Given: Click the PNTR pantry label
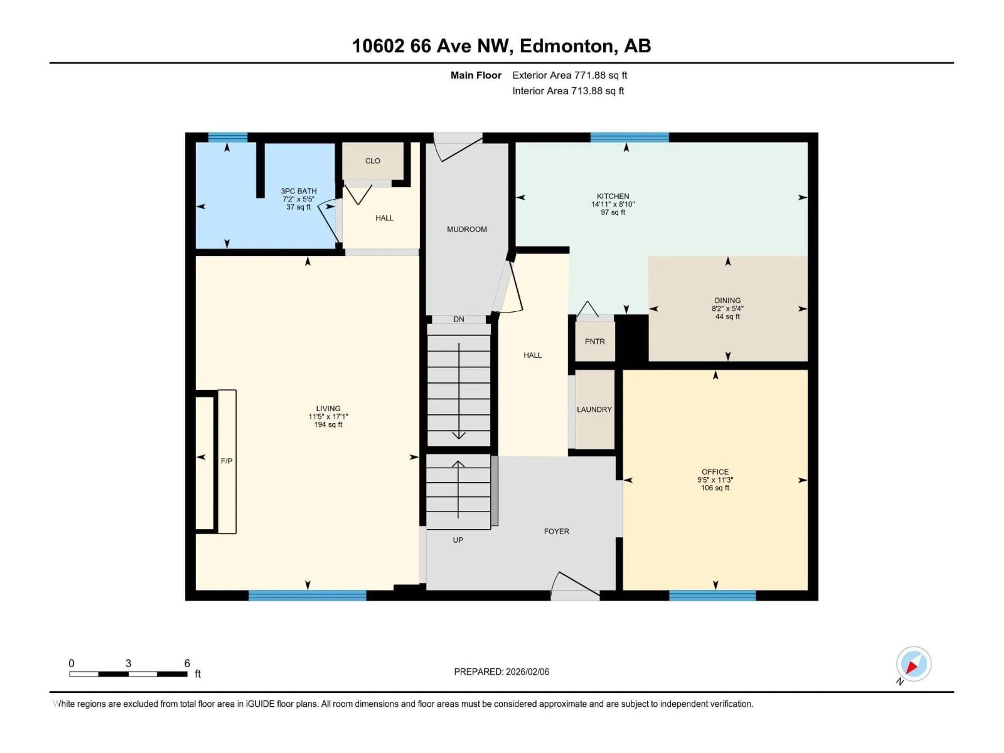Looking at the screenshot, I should tap(595, 341).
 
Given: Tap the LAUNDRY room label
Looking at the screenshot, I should tap(594, 409).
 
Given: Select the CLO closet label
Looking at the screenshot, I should tap(373, 161).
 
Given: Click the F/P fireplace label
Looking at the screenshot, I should tap(226, 461).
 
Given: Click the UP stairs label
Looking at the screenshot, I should tap(458, 540).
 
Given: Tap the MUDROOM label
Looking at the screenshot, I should tap(467, 230).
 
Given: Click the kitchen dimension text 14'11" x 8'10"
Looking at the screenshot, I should tap(613, 204).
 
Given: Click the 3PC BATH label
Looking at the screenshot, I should tap(299, 191).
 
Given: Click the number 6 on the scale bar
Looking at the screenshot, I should tap(187, 663).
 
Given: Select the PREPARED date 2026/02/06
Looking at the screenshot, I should tap(501, 672).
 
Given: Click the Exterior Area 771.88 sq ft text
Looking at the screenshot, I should tap(570, 75).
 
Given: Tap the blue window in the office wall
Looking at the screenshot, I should tap(712, 596).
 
